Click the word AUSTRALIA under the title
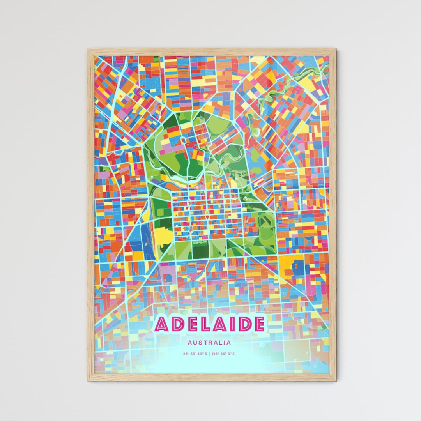209,343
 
